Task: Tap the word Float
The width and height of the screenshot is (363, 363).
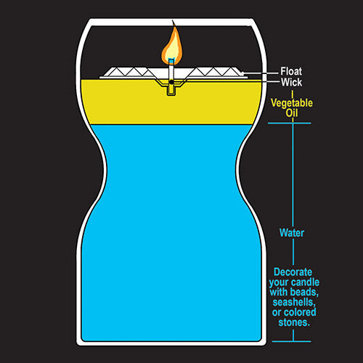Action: (x=291, y=71)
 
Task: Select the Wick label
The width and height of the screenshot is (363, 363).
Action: (x=291, y=82)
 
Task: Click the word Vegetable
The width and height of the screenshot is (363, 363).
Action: (x=292, y=103)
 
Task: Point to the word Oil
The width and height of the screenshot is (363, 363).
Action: (x=292, y=113)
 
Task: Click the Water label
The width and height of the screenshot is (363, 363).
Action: (x=292, y=233)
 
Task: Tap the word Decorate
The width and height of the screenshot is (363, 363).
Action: (x=293, y=272)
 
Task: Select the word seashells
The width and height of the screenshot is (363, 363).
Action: (x=294, y=303)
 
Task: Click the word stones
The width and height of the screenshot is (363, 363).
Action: (x=294, y=322)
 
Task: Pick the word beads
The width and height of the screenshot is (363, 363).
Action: (x=304, y=292)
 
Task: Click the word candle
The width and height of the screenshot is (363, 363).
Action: (x=306, y=282)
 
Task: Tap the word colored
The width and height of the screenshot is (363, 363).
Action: (x=301, y=312)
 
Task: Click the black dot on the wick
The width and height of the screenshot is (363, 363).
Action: (x=171, y=82)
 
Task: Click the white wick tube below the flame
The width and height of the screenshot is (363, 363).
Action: (x=171, y=71)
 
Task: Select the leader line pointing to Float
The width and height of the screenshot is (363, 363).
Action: (x=261, y=73)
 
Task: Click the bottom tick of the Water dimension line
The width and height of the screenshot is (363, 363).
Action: (x=291, y=341)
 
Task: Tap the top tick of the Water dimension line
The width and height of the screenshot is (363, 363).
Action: (x=290, y=123)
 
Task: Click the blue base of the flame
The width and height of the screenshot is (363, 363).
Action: (x=171, y=60)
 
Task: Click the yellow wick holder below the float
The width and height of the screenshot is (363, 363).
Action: (x=171, y=90)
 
